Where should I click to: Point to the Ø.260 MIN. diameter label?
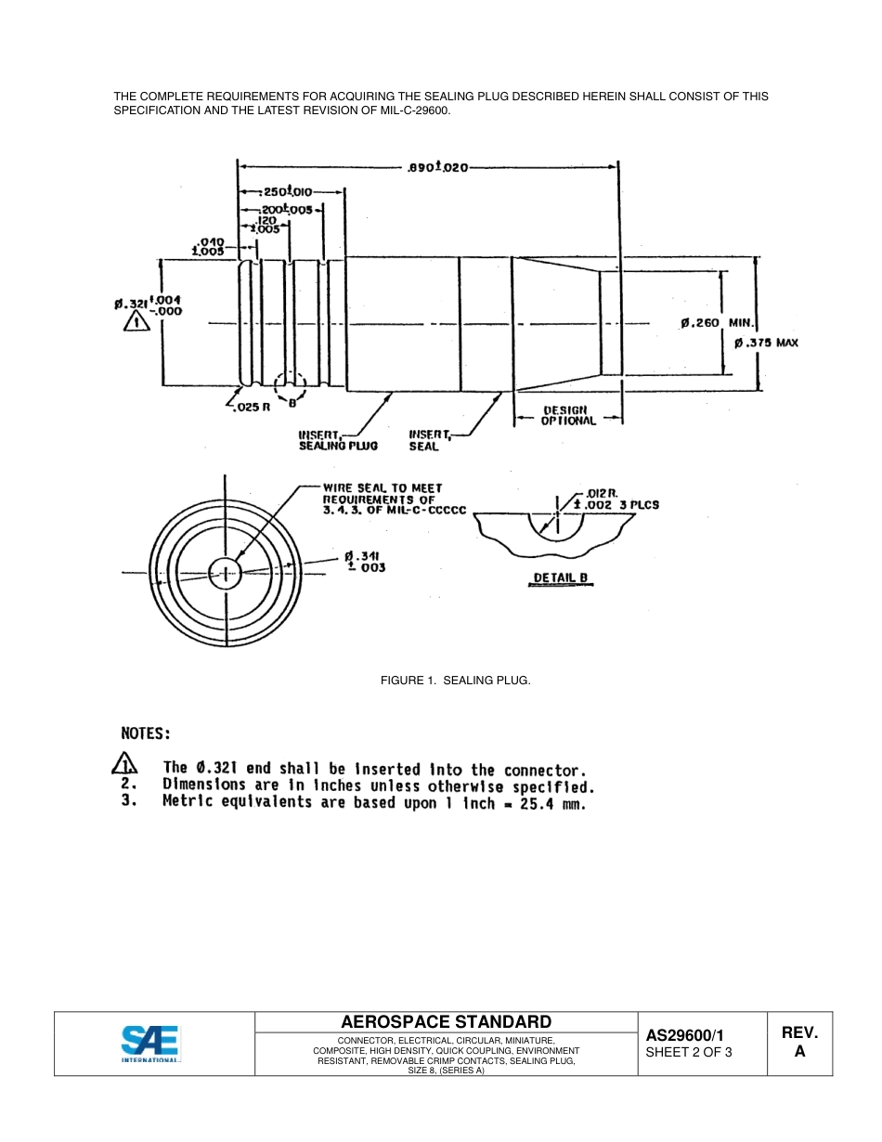[717, 323]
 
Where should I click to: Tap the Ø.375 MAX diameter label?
[767, 343]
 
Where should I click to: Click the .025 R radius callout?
[250, 408]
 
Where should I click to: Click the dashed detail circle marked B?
[291, 389]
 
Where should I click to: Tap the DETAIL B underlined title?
[561, 578]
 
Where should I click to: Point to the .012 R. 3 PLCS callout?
[616, 500]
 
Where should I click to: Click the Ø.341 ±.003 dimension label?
[364, 562]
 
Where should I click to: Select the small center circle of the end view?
[224, 573]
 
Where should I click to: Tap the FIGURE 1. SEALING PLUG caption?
[455, 681]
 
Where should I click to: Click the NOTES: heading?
[147, 733]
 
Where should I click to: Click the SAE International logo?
[151, 1043]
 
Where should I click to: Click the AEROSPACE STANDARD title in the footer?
[446, 1021]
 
